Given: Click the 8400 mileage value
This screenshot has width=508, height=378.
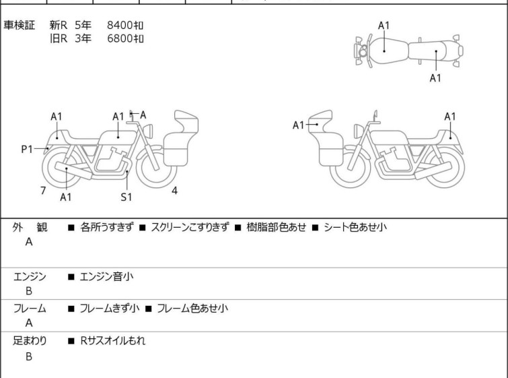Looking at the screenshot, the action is tap(125, 25).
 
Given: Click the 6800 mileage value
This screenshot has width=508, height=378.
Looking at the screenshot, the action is tap(125, 38).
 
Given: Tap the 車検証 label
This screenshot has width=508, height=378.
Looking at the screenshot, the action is tap(19, 25).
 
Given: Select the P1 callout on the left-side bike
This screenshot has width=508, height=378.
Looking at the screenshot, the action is tap(27, 150).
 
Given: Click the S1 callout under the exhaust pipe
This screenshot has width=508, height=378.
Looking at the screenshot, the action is tap(126, 197).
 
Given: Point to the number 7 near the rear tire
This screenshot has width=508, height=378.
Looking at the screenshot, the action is tap(43, 191).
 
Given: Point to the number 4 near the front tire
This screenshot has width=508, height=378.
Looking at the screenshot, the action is tap(175, 191).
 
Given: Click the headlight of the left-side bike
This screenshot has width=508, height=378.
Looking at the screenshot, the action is tap(148, 131).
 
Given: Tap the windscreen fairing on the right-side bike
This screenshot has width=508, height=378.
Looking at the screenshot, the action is tap(320, 121).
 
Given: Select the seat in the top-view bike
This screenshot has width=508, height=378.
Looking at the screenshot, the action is tap(428, 51).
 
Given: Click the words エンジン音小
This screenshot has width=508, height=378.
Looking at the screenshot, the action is tap(106, 277).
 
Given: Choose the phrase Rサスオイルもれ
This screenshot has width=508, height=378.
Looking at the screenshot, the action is tap(113, 341).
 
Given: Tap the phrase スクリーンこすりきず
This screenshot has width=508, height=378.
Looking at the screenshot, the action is tap(190, 227).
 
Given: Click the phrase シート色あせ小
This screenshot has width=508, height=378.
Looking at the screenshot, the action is tap(355, 227).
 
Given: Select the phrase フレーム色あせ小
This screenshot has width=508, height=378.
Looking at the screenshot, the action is tap(192, 308).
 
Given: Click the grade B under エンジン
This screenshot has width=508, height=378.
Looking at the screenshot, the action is tap(29, 291).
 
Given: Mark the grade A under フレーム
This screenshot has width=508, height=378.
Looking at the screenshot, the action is tap(29, 323).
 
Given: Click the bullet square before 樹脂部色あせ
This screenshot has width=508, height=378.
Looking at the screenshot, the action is tap(238, 228).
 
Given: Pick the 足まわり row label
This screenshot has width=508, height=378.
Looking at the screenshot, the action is tap(30, 341).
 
